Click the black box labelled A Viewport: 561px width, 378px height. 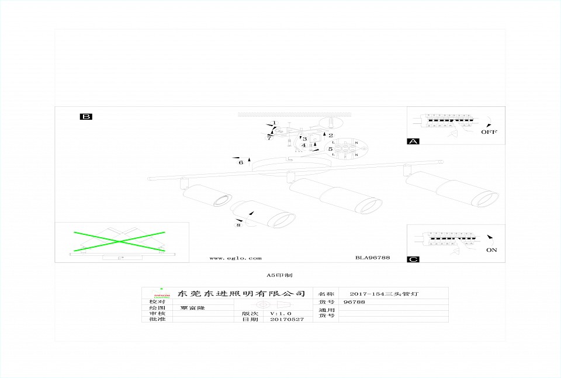(413, 141)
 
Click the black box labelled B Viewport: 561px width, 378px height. (86, 117)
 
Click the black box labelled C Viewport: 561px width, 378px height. (413, 259)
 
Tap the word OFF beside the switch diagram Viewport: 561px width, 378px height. (489, 132)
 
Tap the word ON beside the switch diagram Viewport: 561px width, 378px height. (491, 249)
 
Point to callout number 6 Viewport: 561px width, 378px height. (241, 162)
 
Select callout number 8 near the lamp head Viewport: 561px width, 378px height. (238, 224)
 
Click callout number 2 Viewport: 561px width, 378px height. (330, 136)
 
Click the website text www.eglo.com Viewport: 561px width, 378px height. (236, 258)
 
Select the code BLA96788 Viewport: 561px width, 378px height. (372, 258)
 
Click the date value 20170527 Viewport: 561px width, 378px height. (287, 320)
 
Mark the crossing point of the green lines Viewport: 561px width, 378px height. (119, 240)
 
